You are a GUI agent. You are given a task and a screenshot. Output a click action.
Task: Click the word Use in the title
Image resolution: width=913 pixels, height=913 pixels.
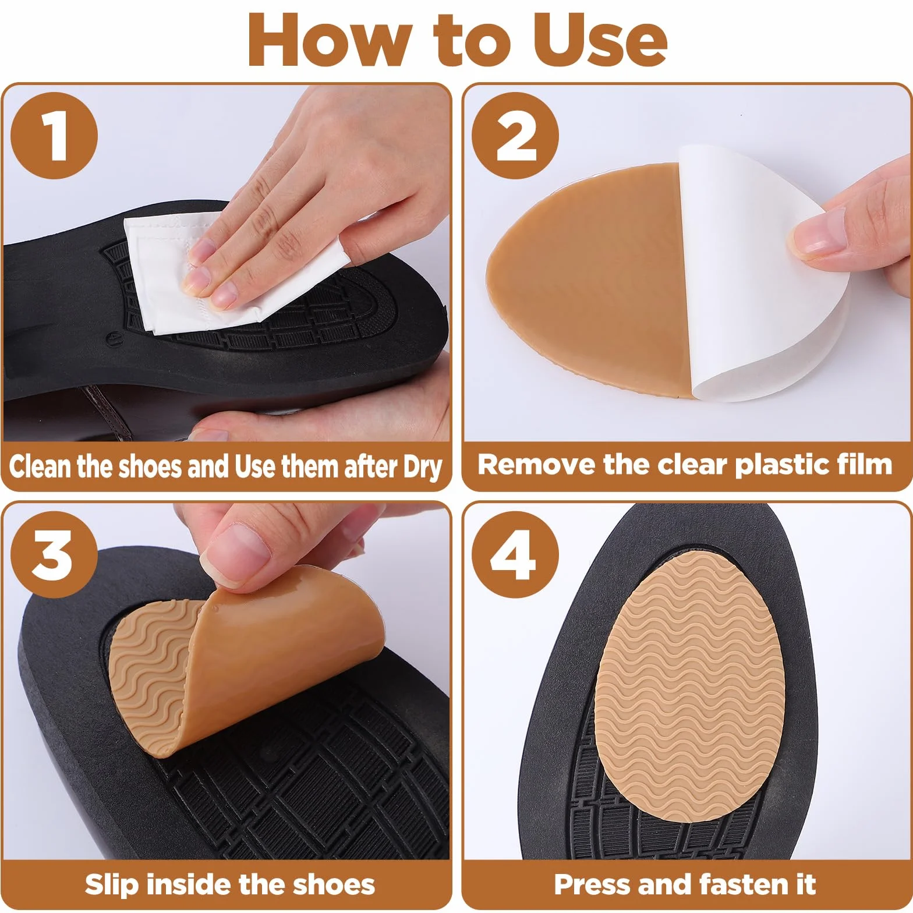coord(600,40)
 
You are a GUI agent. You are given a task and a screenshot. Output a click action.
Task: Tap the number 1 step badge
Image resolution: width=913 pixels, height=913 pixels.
coord(54,136)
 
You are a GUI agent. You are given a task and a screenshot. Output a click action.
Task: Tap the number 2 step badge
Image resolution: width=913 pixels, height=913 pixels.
coord(515,136)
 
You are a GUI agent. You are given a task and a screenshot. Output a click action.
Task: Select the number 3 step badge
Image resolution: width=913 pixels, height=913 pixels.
coord(54,554)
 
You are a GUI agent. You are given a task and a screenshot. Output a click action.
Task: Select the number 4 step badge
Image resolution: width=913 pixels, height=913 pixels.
coord(515,554)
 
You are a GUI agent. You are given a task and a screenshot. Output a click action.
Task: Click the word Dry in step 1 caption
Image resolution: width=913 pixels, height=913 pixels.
coord(422,468)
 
